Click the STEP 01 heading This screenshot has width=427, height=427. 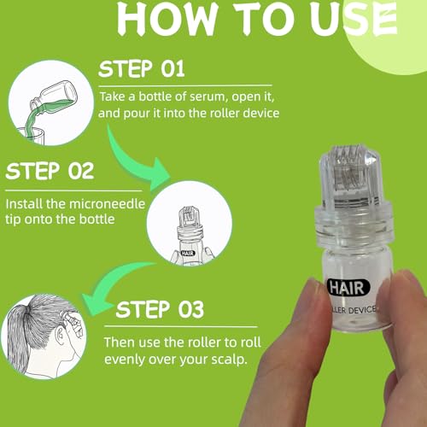tap(142, 69)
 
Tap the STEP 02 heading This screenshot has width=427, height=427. tap(50, 171)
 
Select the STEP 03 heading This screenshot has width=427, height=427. tap(160, 309)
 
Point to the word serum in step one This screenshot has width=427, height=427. tap(208, 97)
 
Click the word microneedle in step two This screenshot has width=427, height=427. tap(107, 204)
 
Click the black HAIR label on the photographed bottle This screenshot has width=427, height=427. tap(348, 287)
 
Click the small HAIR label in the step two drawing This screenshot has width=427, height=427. tap(188, 253)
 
